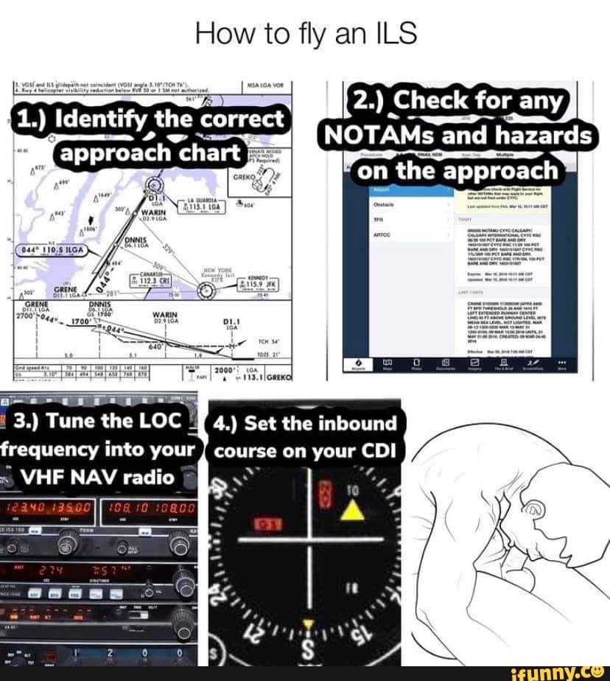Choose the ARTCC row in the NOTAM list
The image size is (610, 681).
[382, 234]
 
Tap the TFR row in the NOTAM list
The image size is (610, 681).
[379, 219]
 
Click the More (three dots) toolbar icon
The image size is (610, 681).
[563, 363]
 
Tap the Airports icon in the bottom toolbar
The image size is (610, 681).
[358, 365]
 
